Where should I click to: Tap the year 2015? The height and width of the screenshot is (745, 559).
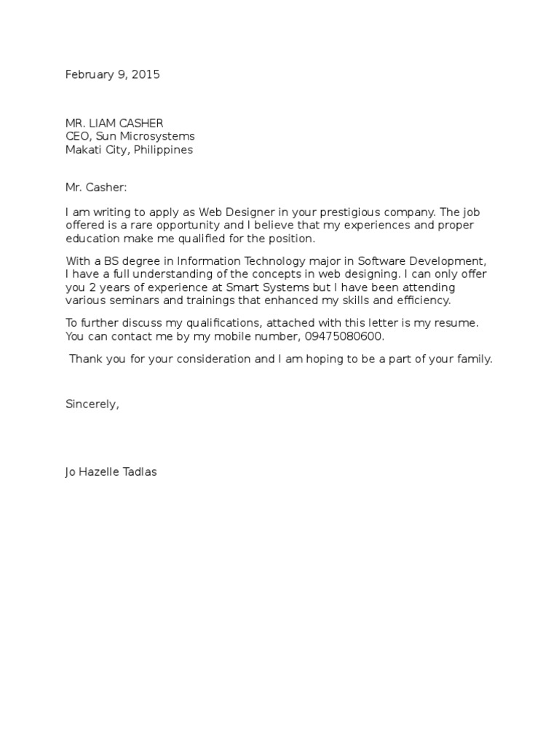point(145,74)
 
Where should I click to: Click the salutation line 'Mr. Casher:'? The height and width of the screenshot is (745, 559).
point(96,187)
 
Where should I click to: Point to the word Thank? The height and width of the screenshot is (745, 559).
point(84,359)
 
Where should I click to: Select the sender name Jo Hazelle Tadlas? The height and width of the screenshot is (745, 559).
point(111,472)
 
